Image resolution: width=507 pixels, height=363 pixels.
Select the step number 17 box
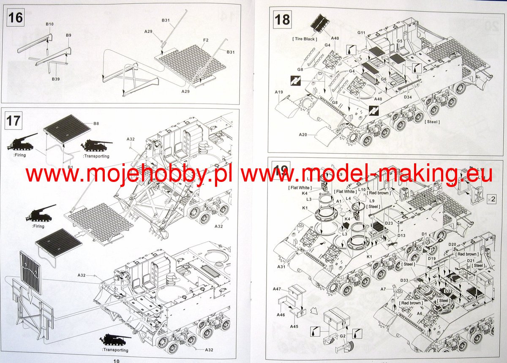14,121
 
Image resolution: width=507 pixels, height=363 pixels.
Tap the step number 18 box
282,19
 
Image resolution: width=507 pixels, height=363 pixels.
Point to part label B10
49,24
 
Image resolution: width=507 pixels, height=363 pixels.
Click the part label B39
55,79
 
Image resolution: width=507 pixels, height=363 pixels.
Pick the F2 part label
206,40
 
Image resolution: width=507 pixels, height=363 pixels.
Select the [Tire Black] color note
305,39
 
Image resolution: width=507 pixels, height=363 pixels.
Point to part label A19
278,92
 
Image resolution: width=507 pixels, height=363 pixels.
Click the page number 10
117,360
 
